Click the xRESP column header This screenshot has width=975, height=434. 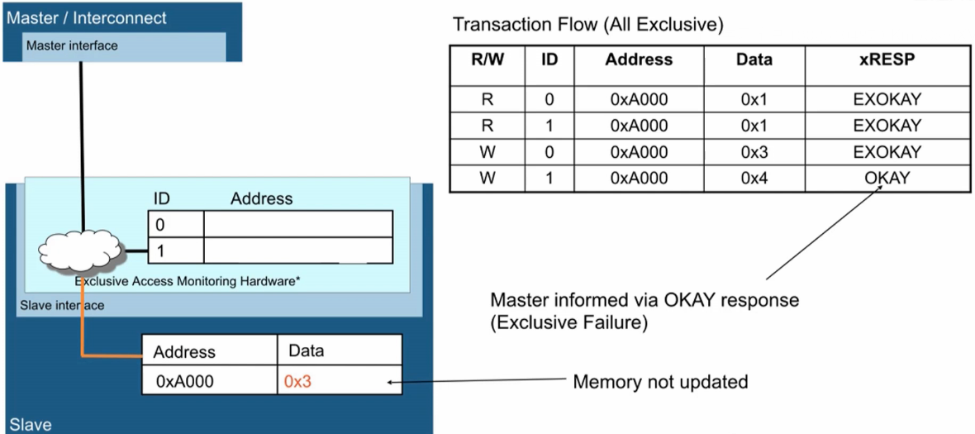(887, 60)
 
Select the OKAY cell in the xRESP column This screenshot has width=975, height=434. (887, 178)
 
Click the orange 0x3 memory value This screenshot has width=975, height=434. (297, 381)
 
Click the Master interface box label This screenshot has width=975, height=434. (72, 45)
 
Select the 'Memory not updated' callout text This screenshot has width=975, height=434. (659, 381)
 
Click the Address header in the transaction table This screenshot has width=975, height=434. (640, 60)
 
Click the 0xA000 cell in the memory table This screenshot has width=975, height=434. (185, 381)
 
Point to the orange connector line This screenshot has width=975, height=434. (82, 322)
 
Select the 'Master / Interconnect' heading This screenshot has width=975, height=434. (87, 17)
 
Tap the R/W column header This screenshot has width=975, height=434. (487, 60)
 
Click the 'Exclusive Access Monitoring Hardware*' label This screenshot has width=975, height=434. (188, 281)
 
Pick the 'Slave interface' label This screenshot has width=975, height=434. (62, 305)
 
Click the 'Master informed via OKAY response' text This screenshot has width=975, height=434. (644, 301)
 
